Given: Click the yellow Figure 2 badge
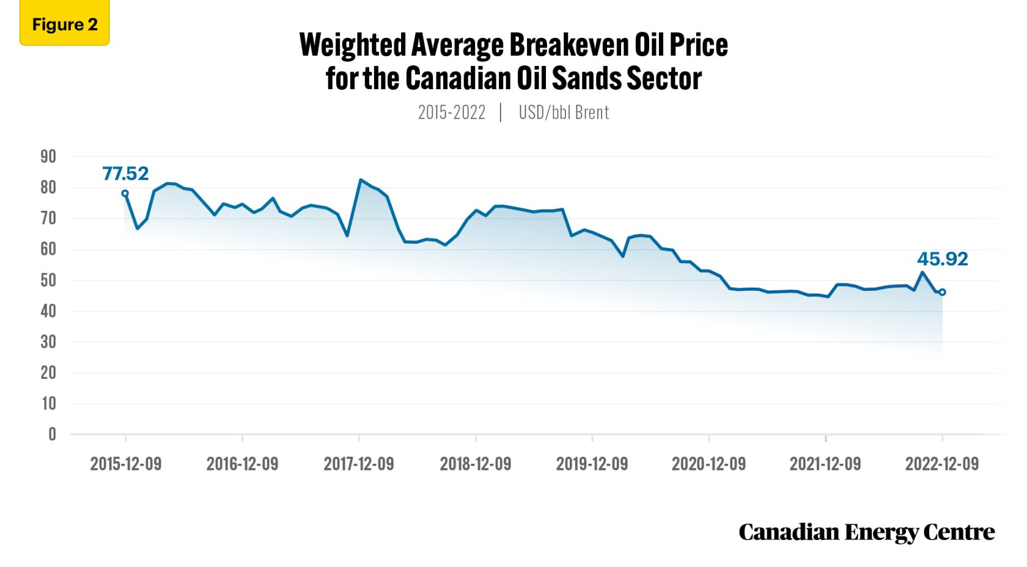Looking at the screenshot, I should [x=64, y=24].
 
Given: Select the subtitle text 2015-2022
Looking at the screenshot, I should [x=451, y=112].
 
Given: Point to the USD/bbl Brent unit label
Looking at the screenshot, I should [x=564, y=112].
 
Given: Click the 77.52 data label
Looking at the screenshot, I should [x=125, y=174].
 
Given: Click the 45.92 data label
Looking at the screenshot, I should [x=942, y=259].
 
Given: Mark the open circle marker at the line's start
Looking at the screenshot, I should [x=125, y=194].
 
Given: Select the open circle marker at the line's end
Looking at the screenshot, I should [x=942, y=292].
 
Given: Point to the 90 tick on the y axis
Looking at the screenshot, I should [x=48, y=156].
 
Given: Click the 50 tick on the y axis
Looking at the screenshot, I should [x=48, y=280].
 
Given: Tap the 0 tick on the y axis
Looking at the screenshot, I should [x=52, y=434].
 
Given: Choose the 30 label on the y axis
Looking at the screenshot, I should [x=48, y=342].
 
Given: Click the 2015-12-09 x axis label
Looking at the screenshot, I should [x=126, y=464].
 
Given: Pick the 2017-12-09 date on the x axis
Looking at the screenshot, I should [x=359, y=464].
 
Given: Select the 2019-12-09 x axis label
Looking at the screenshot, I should [x=592, y=464].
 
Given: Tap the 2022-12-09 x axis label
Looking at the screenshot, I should [x=941, y=464].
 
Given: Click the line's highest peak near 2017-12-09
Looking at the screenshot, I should [x=361, y=180].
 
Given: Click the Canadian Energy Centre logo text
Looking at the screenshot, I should [x=866, y=532].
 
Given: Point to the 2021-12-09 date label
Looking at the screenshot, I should [x=825, y=464].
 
